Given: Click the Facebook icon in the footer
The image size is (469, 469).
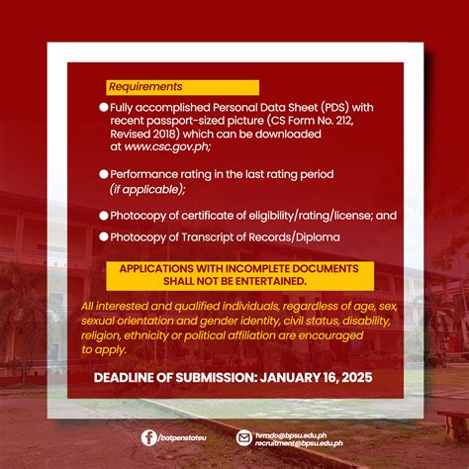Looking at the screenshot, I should pyautogui.click(x=148, y=436).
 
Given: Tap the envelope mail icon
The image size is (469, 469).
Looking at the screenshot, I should pyautogui.click(x=244, y=436).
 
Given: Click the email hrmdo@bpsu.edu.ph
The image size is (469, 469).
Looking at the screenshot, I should pyautogui.click(x=288, y=431).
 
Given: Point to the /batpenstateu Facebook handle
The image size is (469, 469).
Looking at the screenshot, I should pyautogui.click(x=185, y=437).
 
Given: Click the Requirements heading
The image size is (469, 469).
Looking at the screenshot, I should pyautogui.click(x=145, y=87).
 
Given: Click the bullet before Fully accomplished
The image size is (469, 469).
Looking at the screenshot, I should pyautogui.click(x=104, y=107).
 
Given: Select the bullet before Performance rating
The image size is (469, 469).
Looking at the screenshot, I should pyautogui.click(x=104, y=173).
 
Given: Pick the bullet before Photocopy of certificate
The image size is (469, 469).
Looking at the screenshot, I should pyautogui.click(x=104, y=215).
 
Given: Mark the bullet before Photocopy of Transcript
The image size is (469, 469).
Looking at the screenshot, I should pyautogui.click(x=104, y=236).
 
